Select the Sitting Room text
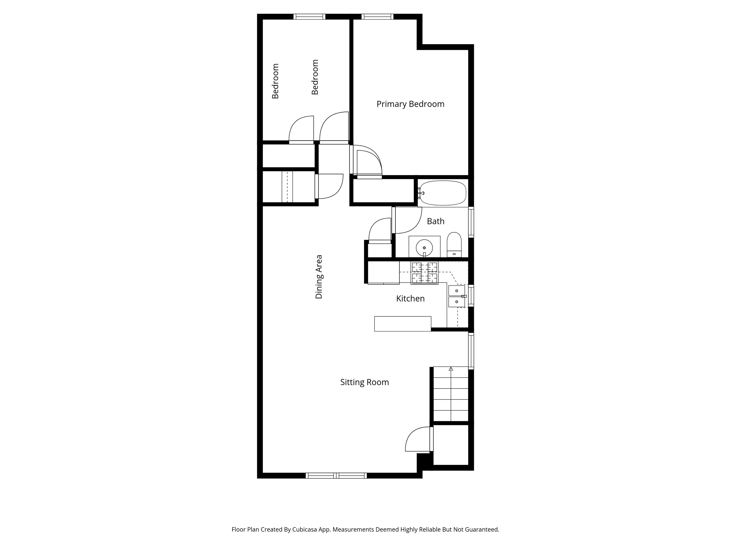(x=365, y=382)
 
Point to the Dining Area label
(x=319, y=277)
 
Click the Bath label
(x=435, y=221)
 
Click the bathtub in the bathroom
(x=443, y=193)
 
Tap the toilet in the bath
(x=454, y=245)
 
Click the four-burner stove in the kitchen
(x=424, y=273)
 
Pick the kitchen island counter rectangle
(x=403, y=324)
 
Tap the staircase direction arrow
(x=451, y=369)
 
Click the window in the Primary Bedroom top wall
(x=377, y=16)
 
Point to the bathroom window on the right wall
(x=471, y=222)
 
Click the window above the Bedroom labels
(x=310, y=16)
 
